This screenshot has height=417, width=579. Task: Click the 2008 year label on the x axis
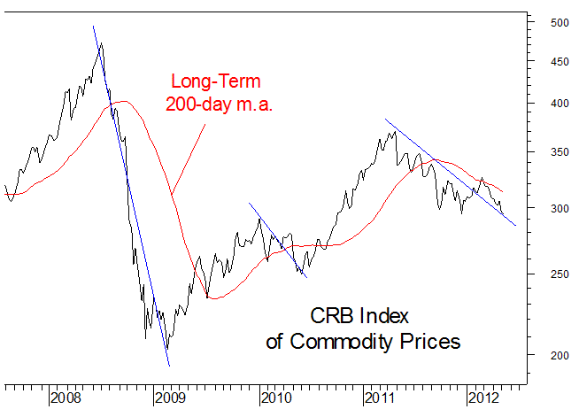(x=67, y=398)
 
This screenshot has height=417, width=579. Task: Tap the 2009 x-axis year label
(x=172, y=398)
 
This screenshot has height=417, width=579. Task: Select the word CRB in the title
(x=329, y=316)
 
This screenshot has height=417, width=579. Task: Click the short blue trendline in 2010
(x=277, y=239)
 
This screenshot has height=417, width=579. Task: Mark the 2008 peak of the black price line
(x=100, y=44)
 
